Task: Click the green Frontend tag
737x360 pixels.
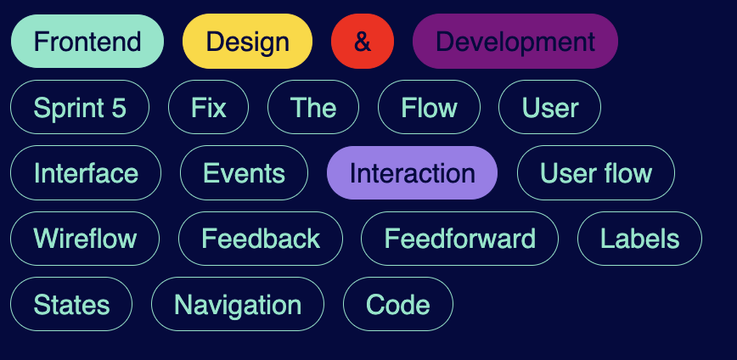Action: (87, 41)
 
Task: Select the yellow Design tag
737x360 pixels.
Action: (247, 41)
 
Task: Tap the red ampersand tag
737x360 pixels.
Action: (363, 41)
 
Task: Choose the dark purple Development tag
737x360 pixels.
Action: (515, 41)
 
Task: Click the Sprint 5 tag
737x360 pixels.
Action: (80, 107)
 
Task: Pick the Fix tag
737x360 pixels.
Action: (209, 107)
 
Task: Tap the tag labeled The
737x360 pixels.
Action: (313, 107)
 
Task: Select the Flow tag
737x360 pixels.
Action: (429, 107)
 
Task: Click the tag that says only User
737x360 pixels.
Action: (550, 107)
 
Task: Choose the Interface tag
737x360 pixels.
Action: (86, 172)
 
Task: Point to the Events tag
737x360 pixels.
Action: (244, 172)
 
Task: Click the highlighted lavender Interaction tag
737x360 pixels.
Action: (412, 172)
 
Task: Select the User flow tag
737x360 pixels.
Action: (596, 172)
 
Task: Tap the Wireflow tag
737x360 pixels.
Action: (85, 239)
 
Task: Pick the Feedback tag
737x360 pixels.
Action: (261, 239)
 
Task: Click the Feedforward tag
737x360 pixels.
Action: (459, 239)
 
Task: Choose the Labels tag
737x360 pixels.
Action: (639, 239)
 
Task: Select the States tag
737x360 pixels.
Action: (71, 304)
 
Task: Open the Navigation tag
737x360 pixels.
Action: (238, 304)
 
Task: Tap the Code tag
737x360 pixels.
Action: (397, 304)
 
